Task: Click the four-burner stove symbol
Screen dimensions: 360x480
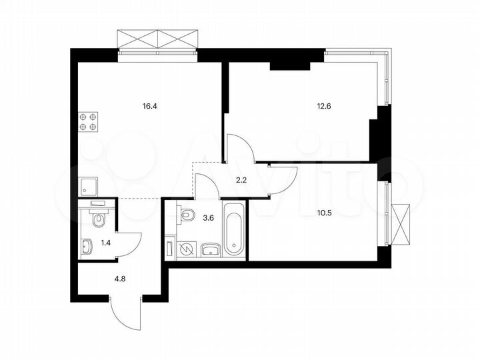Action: coord(88,121)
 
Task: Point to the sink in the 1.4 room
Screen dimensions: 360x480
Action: coord(87,248)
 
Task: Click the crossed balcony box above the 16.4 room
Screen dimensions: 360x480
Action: coord(159,39)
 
